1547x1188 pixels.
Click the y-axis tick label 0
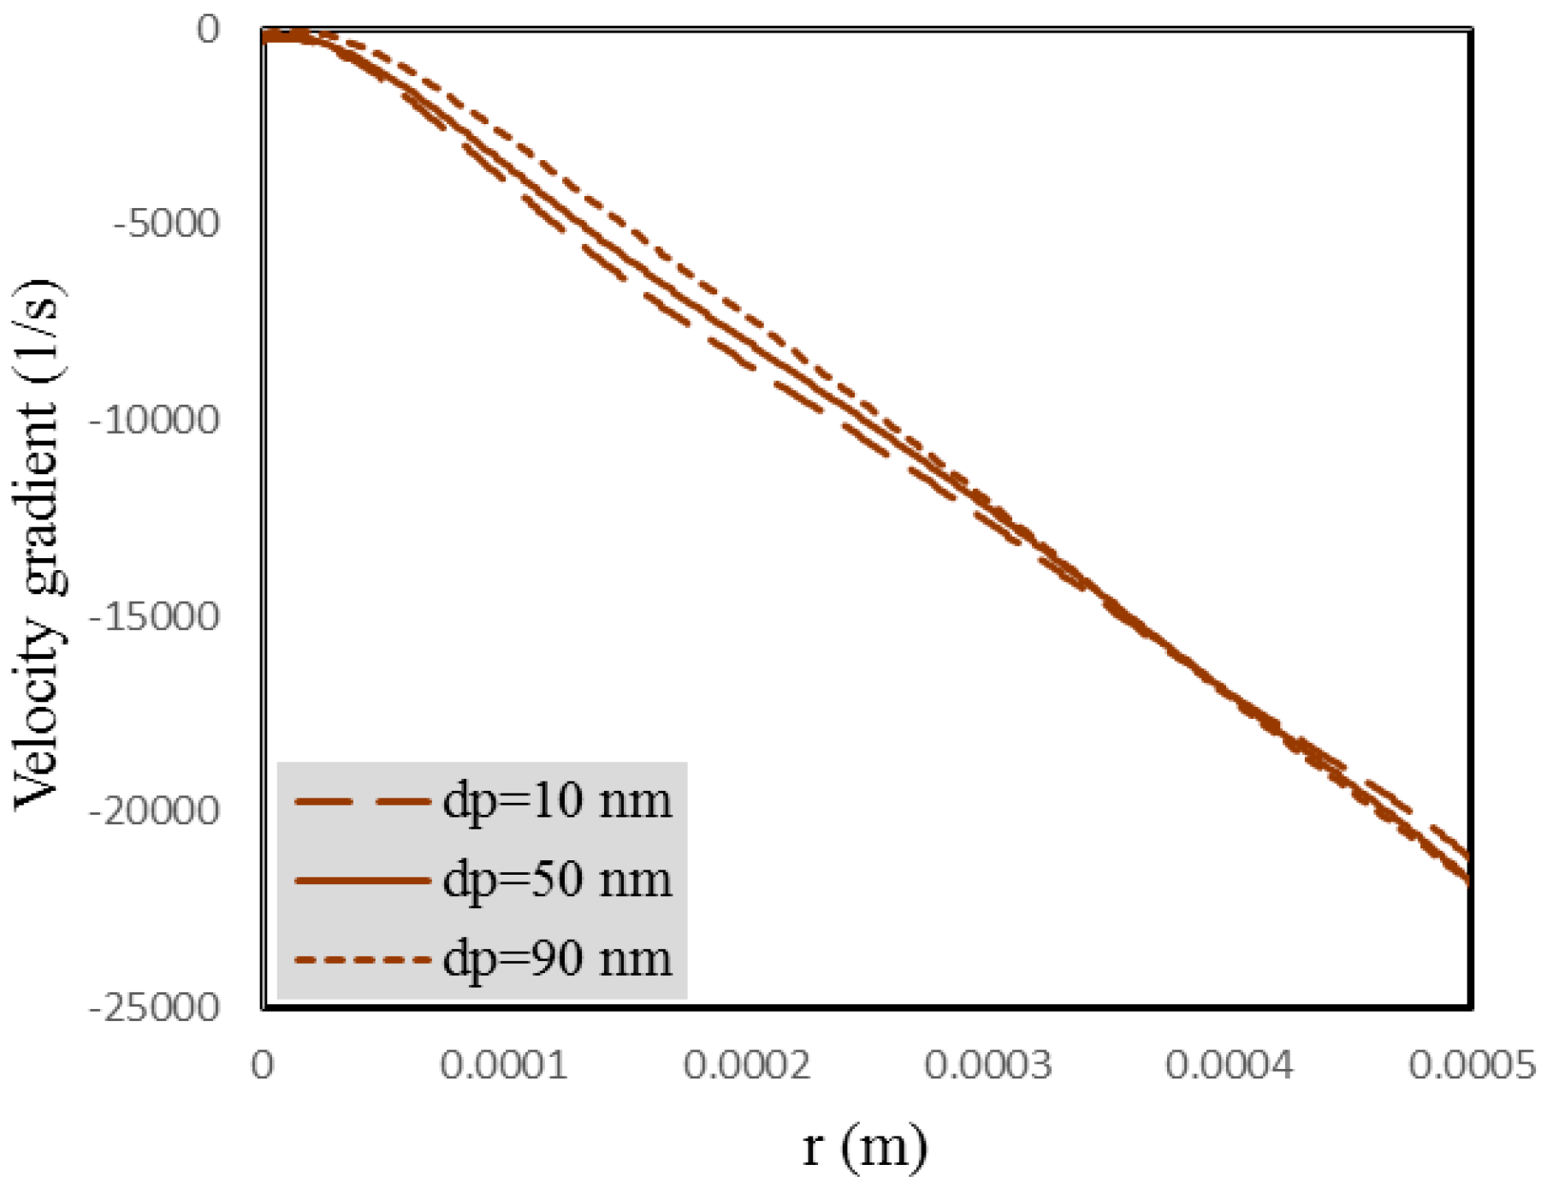coord(208,30)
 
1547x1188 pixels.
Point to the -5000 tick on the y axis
coord(167,224)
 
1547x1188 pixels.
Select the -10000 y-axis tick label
coord(155,420)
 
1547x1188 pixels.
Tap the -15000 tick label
coord(155,616)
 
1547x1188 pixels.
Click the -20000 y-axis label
coord(155,811)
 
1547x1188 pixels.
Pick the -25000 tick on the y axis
coord(155,1007)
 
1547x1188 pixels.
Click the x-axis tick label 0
coord(262,1066)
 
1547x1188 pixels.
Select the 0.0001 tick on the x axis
coord(504,1066)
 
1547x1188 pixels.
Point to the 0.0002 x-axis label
coord(746,1066)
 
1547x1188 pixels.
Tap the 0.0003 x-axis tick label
coord(988,1066)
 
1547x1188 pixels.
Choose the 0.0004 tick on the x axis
coord(1230,1066)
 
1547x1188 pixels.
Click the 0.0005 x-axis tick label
coord(1472,1066)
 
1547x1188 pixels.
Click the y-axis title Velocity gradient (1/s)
coord(39,544)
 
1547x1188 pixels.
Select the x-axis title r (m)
coord(865,1147)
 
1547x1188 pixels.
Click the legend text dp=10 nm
coord(557,802)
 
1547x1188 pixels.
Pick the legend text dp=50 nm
coord(557,881)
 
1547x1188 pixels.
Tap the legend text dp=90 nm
coord(557,959)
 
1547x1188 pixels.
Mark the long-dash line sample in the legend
coord(362,802)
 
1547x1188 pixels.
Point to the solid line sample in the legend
coord(362,880)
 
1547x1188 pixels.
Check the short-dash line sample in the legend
coord(362,959)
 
